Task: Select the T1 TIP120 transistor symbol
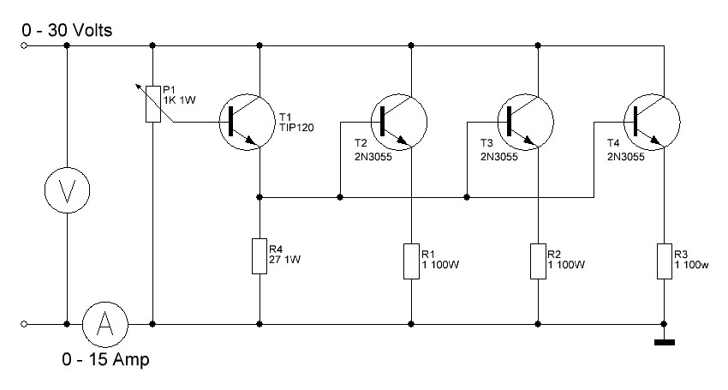click(248, 123)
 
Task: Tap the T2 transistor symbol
click(399, 123)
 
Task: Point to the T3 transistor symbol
click(526, 123)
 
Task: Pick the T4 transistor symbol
click(652, 123)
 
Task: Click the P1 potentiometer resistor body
click(153, 104)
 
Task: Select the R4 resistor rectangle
click(260, 256)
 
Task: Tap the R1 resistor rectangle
click(411, 261)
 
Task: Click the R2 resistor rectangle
click(538, 261)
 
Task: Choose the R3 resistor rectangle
click(665, 261)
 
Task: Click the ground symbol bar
click(665, 343)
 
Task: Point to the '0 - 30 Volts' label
click(67, 31)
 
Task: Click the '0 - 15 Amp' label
click(106, 359)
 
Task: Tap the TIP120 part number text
click(296, 128)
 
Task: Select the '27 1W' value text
click(284, 260)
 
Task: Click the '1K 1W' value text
click(180, 99)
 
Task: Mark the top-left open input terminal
click(24, 45)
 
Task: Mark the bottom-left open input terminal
click(24, 324)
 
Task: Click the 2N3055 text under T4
click(626, 157)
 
